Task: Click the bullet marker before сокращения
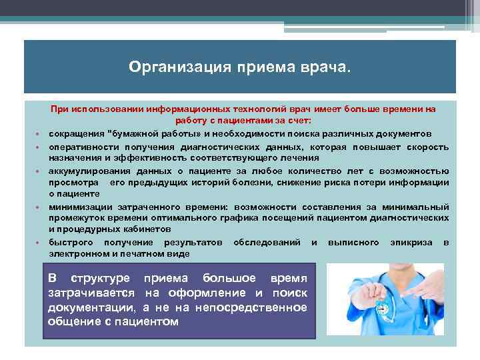pyautogui.click(x=41, y=134)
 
